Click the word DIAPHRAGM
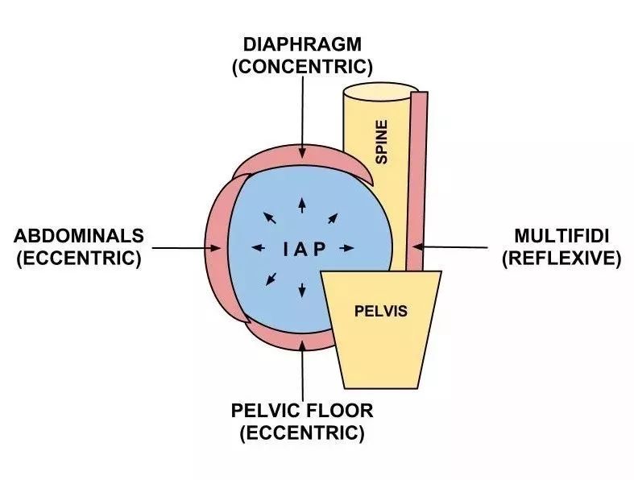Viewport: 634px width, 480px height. (302, 44)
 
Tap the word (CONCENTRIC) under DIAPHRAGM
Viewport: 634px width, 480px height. (302, 67)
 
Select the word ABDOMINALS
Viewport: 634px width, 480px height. (79, 236)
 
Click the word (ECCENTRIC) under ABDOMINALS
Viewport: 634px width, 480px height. (79, 258)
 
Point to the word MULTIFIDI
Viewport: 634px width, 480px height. (561, 236)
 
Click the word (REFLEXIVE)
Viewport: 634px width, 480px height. (561, 258)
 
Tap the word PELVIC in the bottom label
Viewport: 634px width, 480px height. (265, 411)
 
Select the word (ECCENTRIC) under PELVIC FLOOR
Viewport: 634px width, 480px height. (302, 433)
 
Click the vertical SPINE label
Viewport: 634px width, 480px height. (381, 142)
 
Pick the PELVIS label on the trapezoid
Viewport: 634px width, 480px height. (381, 311)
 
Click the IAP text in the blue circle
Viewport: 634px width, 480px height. (304, 250)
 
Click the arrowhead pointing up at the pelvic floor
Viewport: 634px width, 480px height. (302, 345)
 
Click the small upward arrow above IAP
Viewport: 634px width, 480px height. (302, 205)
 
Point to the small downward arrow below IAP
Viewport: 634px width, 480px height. (302, 291)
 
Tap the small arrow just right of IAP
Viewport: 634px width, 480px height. (346, 248)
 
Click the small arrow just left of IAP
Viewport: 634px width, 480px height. (259, 247)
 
